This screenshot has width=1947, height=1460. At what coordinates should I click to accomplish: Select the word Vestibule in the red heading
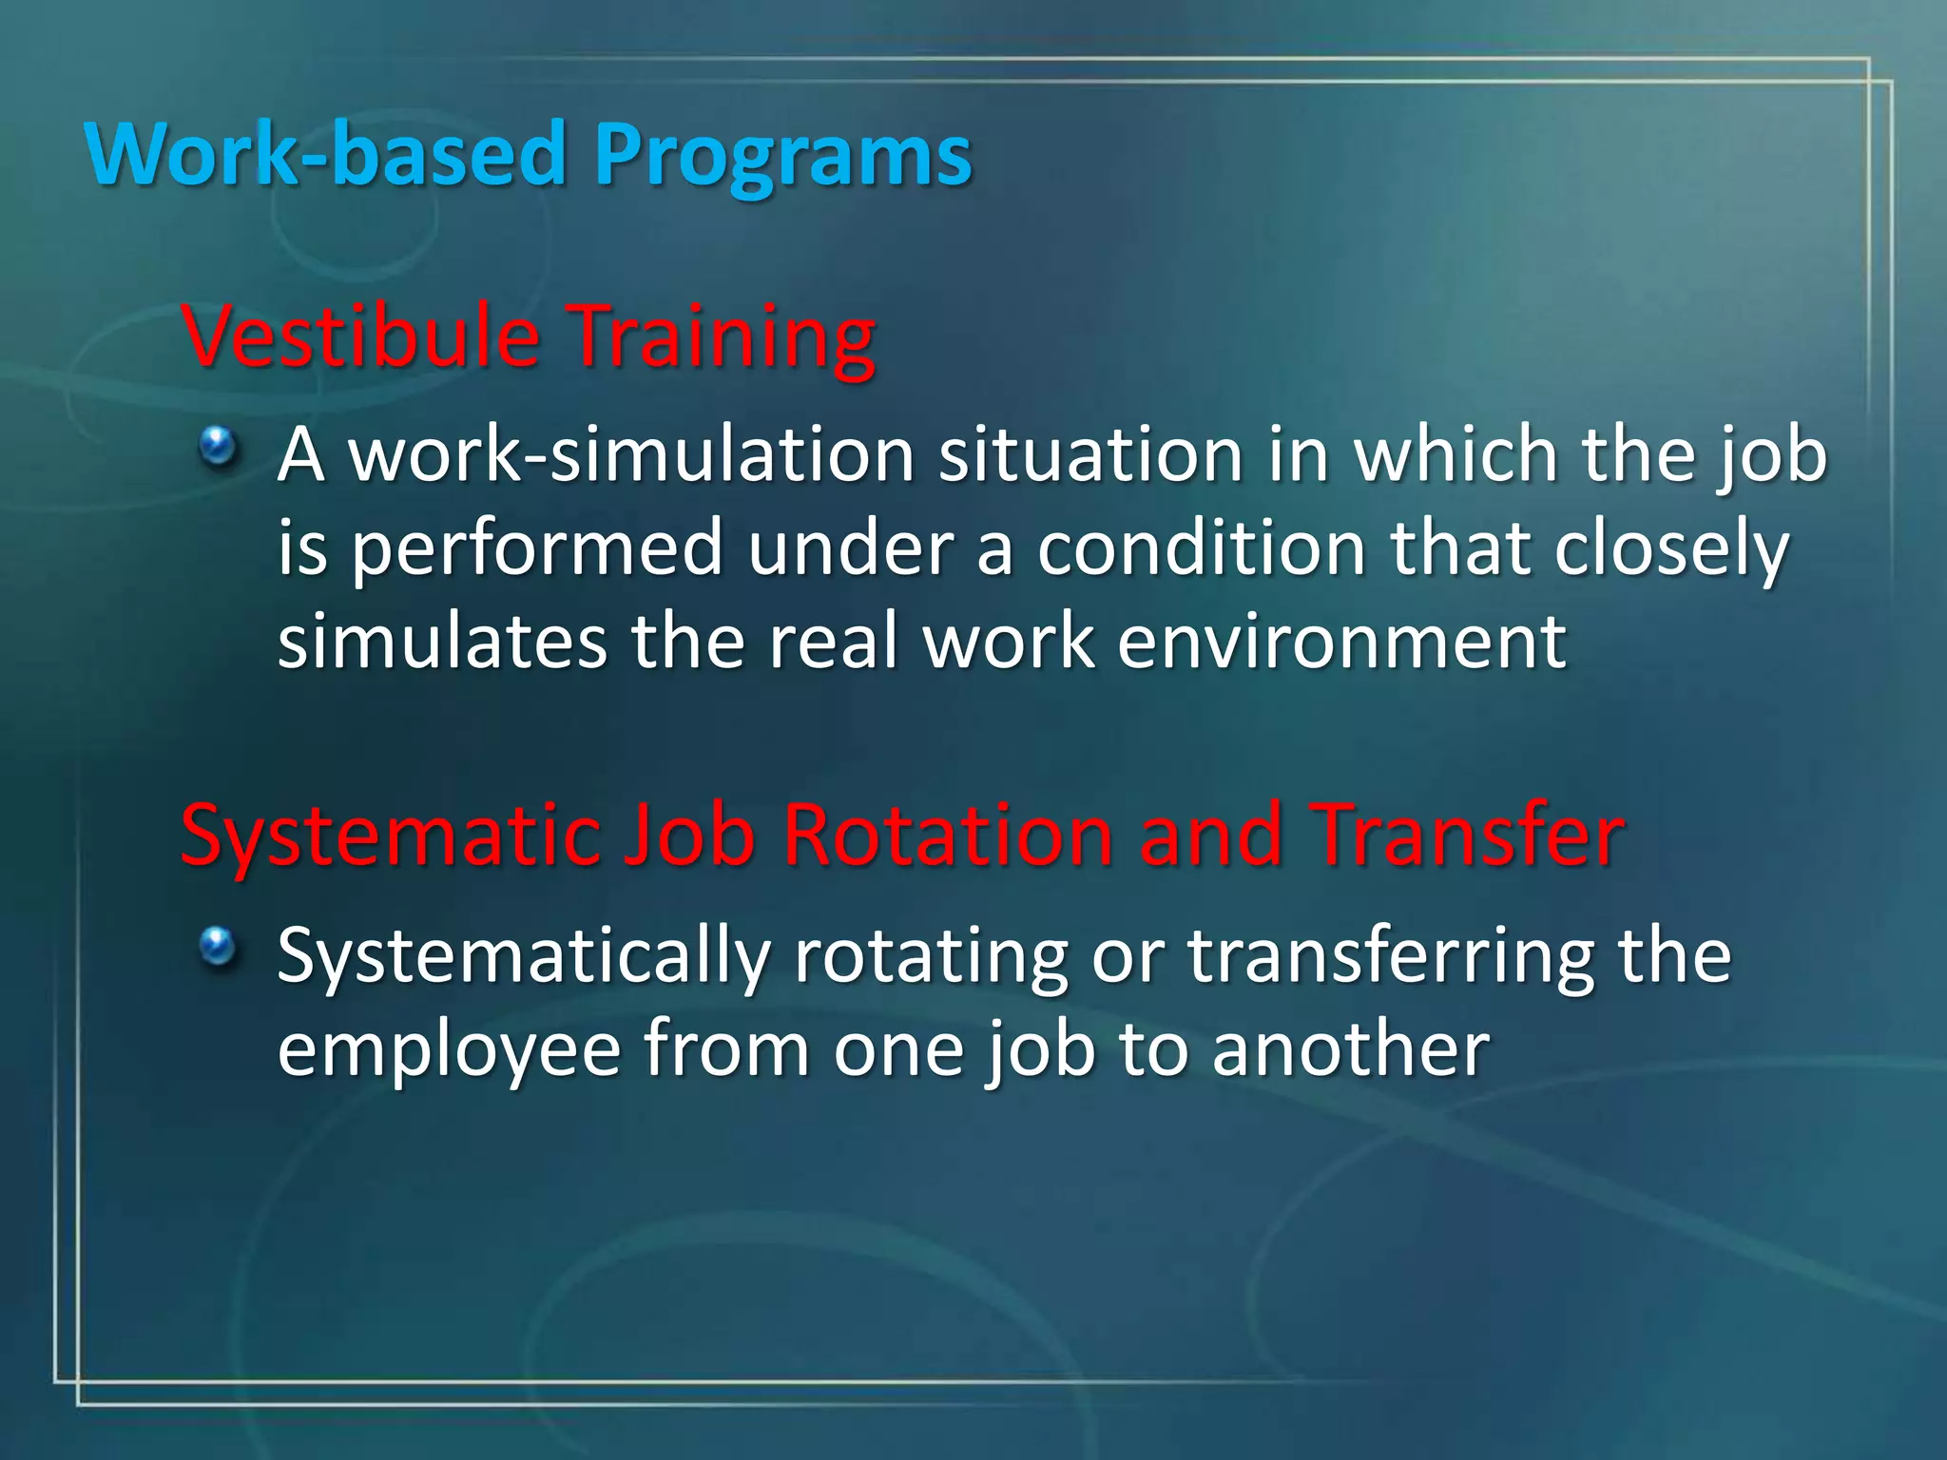tap(360, 336)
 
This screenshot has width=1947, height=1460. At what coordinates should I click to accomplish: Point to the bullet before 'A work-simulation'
tap(219, 445)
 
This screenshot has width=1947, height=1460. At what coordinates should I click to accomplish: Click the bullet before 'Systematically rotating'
tap(219, 946)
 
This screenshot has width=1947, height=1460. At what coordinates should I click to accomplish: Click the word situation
tap(1090, 454)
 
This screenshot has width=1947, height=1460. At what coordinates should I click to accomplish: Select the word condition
tap(1201, 548)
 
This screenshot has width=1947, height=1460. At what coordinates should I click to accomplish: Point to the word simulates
tap(442, 642)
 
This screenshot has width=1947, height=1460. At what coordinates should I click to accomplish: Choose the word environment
tap(1340, 642)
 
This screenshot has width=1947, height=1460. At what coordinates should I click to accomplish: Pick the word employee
tap(449, 1050)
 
